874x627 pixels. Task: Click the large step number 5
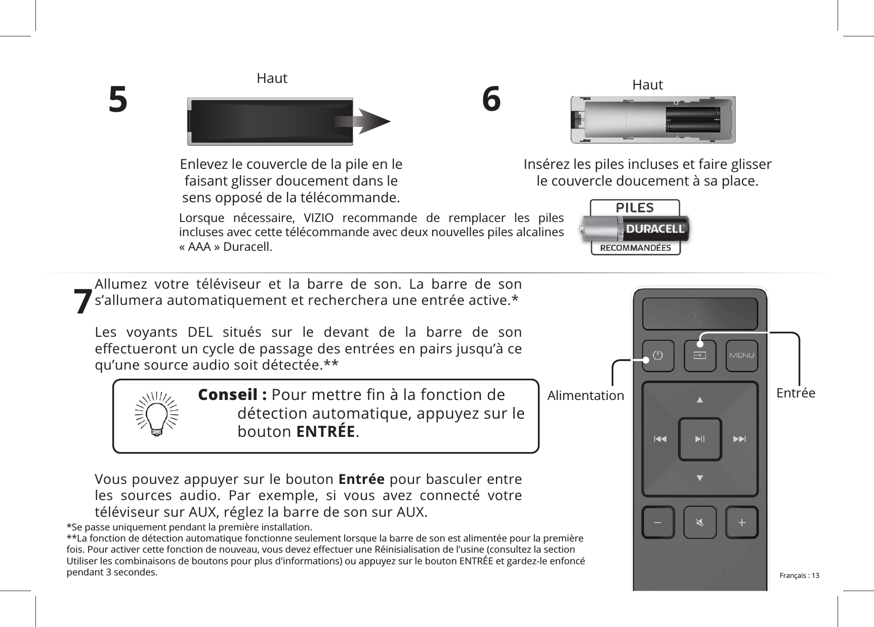pyautogui.click(x=118, y=100)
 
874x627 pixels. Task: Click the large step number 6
pyautogui.click(x=491, y=100)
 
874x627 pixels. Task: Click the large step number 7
pyautogui.click(x=82, y=302)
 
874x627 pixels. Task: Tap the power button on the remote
pyautogui.click(x=657, y=355)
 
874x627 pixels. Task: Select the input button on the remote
pyautogui.click(x=699, y=355)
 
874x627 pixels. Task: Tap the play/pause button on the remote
pyautogui.click(x=699, y=439)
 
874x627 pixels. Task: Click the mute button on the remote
pyautogui.click(x=699, y=522)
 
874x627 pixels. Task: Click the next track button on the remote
pyautogui.click(x=739, y=439)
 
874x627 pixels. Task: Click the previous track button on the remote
pyautogui.click(x=660, y=439)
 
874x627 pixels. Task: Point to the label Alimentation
pyautogui.click(x=586, y=395)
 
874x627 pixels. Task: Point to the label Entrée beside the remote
pyautogui.click(x=796, y=393)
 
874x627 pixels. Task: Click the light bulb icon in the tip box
pyautogui.click(x=157, y=414)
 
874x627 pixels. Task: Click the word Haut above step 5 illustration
pyautogui.click(x=272, y=78)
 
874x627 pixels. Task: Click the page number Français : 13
pyautogui.click(x=799, y=575)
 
